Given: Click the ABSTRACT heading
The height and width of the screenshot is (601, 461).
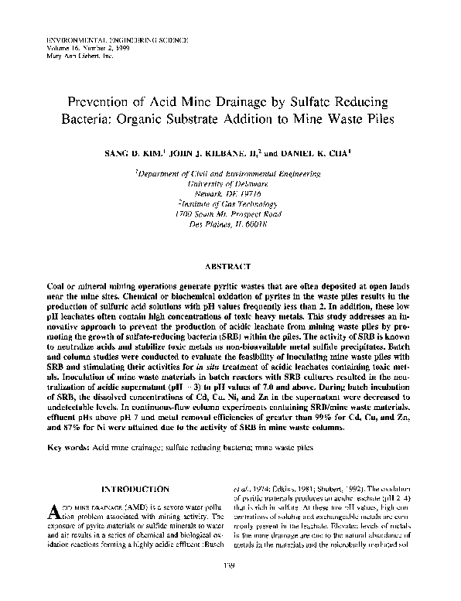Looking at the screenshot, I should tap(230, 265).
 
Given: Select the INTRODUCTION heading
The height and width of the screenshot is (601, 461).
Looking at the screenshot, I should tap(136, 489).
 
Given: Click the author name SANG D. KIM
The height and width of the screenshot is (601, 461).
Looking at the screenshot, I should tap(128, 153).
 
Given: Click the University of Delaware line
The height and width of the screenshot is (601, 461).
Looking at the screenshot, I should tap(230, 186).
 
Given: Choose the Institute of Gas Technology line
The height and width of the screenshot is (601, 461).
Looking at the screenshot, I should tap(230, 203).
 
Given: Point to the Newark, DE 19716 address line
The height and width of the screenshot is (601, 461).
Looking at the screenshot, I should tap(230, 194).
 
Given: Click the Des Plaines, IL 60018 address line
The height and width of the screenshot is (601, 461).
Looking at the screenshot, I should tap(230, 222).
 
